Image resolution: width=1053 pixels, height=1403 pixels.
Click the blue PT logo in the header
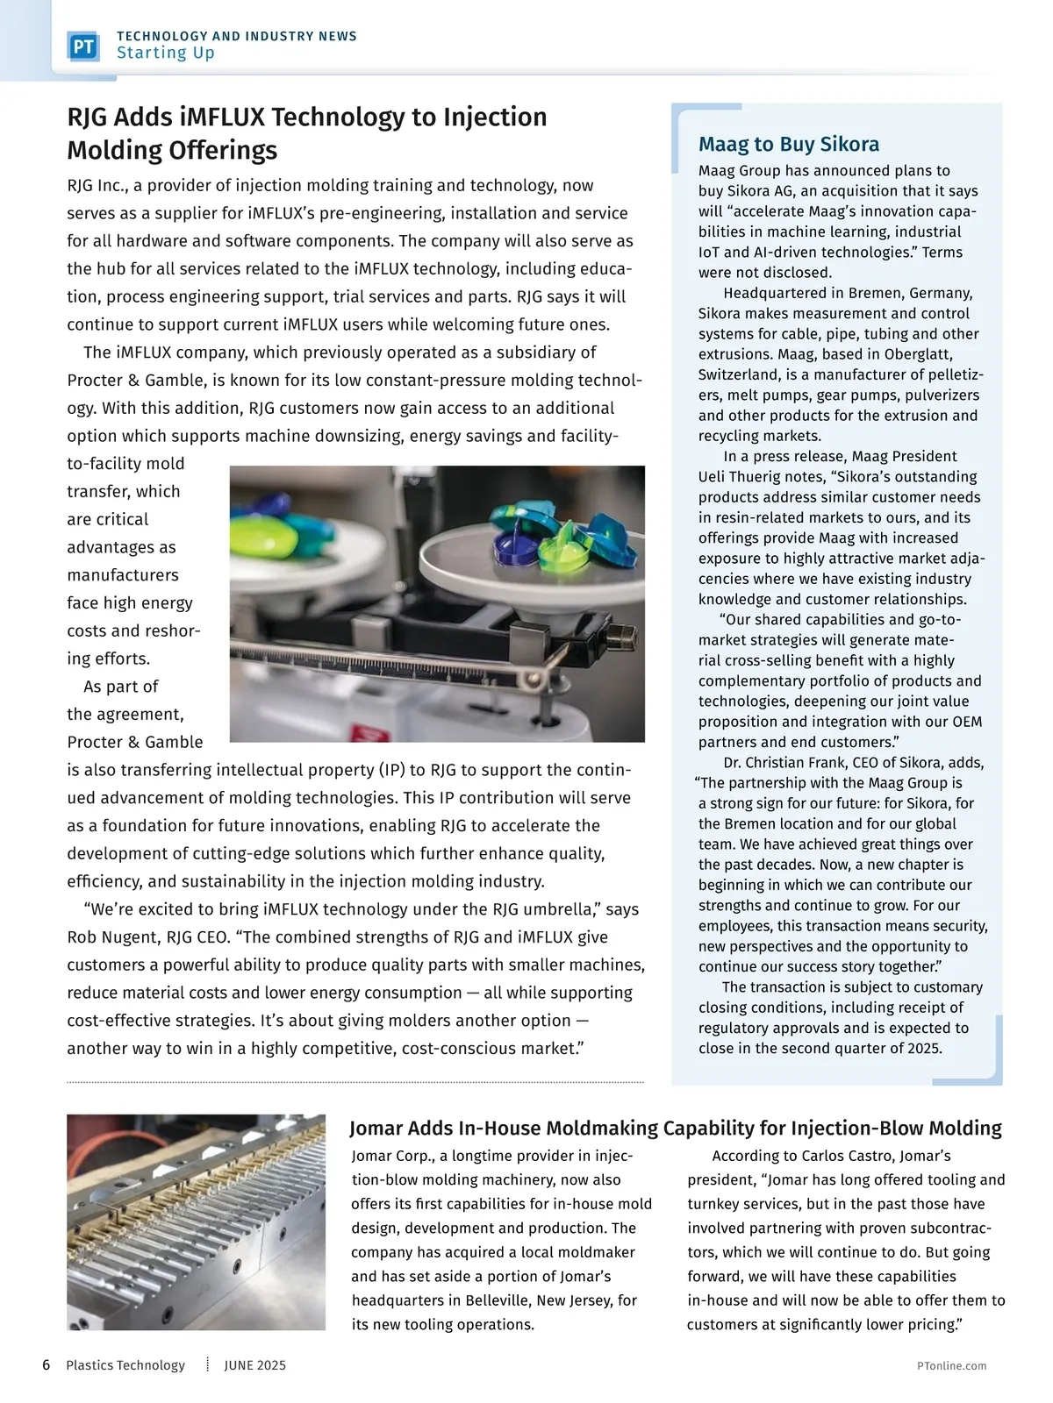click(x=83, y=46)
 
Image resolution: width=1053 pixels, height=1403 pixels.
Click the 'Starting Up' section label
click(x=165, y=53)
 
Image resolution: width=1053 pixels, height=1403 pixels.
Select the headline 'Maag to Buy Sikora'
click(x=788, y=145)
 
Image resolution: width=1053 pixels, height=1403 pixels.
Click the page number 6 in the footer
click(x=46, y=1365)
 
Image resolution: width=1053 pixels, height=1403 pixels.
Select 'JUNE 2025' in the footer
click(x=254, y=1365)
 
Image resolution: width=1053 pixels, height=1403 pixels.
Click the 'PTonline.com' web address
click(x=951, y=1366)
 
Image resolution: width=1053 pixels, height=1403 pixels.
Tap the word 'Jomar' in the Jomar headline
click(x=377, y=1129)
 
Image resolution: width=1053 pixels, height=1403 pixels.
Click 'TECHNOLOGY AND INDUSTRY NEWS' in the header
click(x=237, y=36)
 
